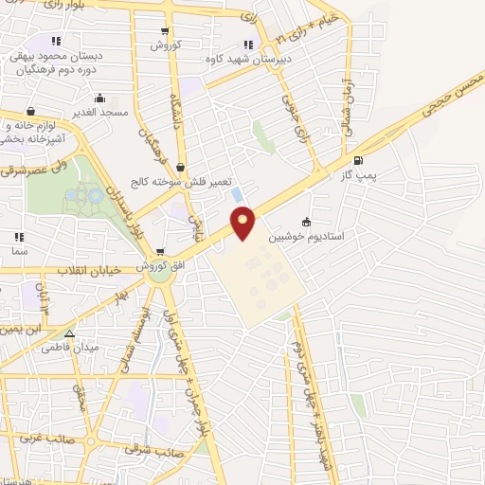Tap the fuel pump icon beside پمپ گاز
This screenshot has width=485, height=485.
click(357, 161)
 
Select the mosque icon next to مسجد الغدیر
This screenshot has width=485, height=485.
click(99, 98)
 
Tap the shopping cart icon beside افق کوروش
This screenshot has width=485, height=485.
click(161, 252)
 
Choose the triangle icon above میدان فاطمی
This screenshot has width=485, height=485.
click(68, 333)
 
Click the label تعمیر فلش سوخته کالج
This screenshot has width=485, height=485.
click(180, 182)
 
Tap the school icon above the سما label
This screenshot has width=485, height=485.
click(18, 237)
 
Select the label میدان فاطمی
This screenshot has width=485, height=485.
click(68, 348)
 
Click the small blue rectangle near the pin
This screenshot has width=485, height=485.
click(236, 194)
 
